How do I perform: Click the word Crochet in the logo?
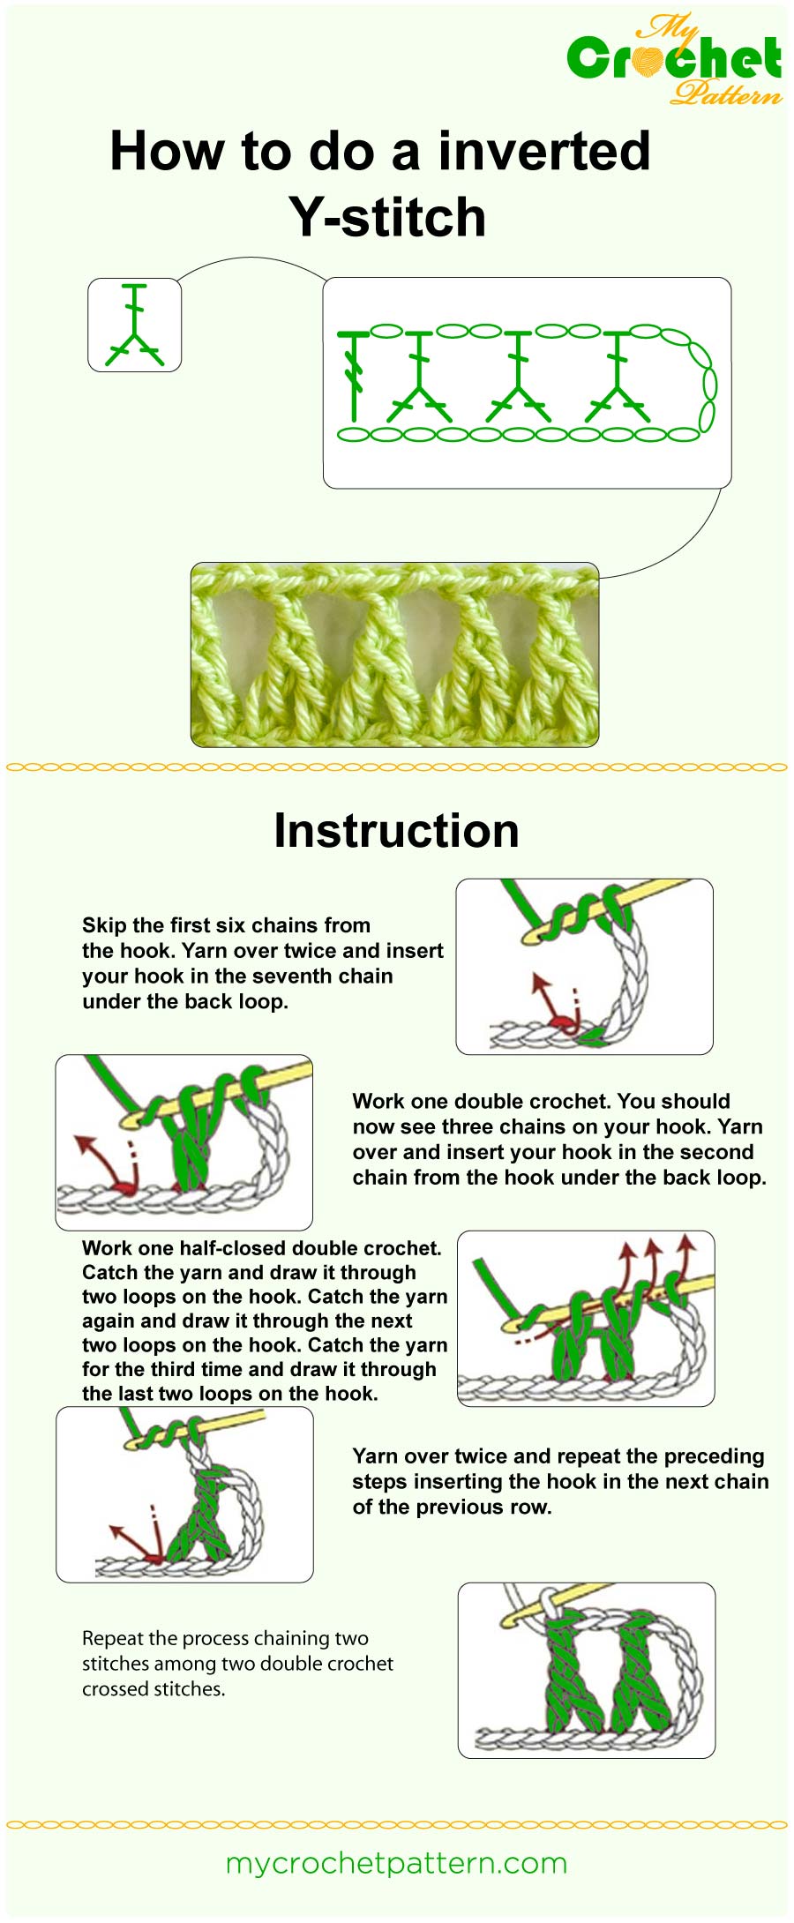pos(674,58)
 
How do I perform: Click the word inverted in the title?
pos(544,151)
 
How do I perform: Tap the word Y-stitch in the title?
pos(387,217)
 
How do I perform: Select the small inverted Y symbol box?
pos(134,325)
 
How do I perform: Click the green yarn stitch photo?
pos(394,655)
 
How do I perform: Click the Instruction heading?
pos(396,831)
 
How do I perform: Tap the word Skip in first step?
pos(104,925)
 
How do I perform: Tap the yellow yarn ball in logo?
pos(651,60)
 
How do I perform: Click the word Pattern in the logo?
pos(726,93)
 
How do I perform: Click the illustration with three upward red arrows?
pos(586,1318)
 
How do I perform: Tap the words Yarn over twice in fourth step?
pos(430,1456)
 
